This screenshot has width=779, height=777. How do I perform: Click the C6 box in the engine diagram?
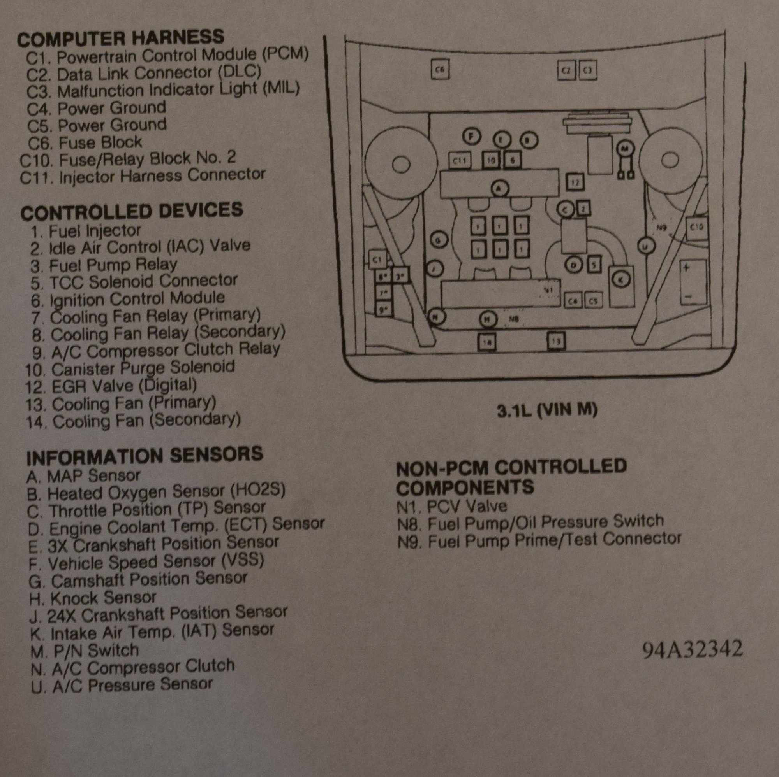click(440, 70)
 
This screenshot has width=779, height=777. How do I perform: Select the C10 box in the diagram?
click(696, 228)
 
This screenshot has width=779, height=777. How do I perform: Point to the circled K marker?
click(620, 277)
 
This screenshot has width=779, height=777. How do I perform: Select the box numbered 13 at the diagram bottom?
click(556, 341)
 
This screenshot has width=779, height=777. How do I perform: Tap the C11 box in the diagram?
click(460, 161)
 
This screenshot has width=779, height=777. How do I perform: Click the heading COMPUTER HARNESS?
click(121, 37)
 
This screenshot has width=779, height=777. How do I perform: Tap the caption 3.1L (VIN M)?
click(547, 410)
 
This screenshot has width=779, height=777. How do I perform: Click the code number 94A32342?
click(692, 649)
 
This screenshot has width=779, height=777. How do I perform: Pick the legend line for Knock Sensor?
click(92, 598)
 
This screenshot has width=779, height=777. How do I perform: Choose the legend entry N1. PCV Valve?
click(452, 506)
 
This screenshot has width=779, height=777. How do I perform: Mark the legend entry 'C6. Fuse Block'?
click(85, 142)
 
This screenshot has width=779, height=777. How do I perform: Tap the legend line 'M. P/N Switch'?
click(84, 650)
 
